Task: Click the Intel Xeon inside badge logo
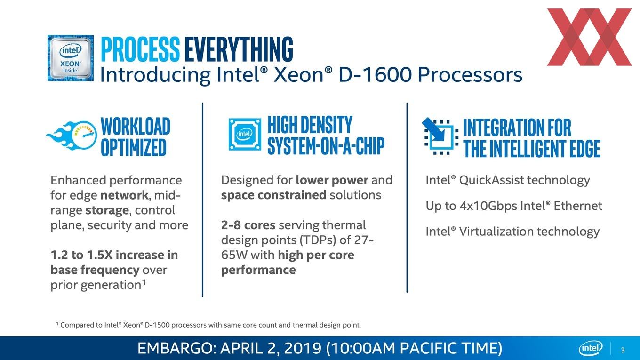(71, 58)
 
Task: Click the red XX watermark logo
(589, 37)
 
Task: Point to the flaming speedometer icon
(72, 135)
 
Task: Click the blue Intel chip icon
(245, 134)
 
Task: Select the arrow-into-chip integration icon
(440, 136)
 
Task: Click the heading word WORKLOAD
(136, 126)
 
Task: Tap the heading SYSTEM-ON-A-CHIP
(326, 146)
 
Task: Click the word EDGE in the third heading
(585, 149)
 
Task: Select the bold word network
(124, 195)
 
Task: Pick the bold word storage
(107, 210)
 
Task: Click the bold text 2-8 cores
(248, 225)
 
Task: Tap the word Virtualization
(496, 232)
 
